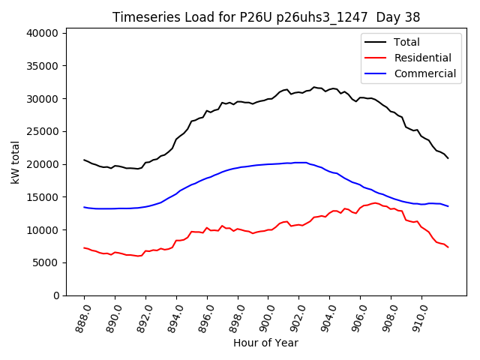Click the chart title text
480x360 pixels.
coord(266,16)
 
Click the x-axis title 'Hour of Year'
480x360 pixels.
coord(265,343)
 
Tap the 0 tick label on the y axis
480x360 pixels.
coord(56,295)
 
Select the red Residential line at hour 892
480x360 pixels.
coord(145,251)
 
